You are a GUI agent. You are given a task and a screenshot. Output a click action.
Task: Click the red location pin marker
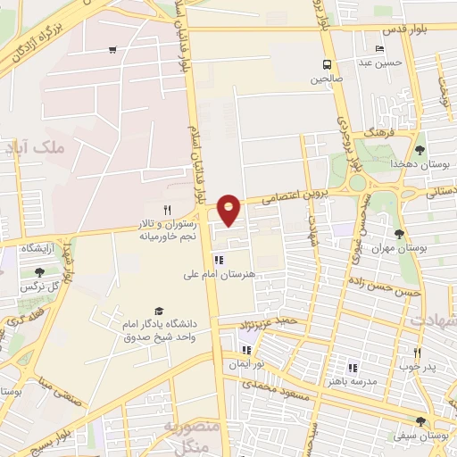229,209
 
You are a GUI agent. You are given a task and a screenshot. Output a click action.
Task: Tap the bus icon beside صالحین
328,64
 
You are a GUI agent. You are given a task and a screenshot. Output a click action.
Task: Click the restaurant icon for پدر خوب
416,352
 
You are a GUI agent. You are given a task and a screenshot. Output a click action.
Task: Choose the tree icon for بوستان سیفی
420,421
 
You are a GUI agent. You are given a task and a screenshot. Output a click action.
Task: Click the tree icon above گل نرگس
38,273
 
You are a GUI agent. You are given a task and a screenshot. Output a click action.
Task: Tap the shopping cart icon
112,50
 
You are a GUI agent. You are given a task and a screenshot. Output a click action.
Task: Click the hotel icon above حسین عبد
381,48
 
